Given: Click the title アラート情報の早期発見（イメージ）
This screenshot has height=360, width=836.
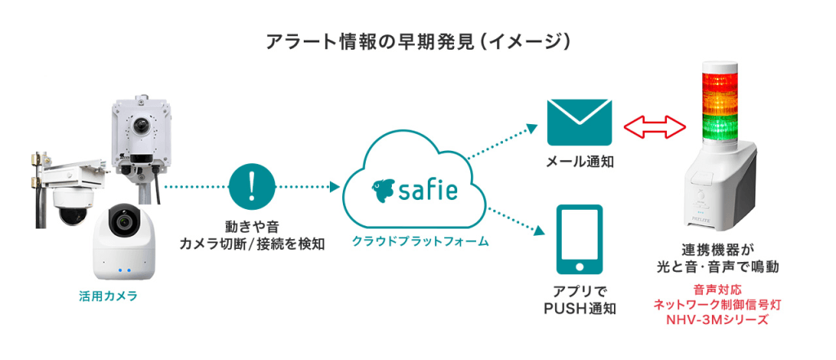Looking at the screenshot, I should (x=417, y=41).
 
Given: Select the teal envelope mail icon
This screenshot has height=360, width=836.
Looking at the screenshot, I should (x=580, y=122).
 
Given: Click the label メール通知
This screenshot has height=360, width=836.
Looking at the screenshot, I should (x=580, y=163).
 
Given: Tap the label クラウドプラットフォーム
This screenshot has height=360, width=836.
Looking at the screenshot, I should (x=420, y=242).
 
